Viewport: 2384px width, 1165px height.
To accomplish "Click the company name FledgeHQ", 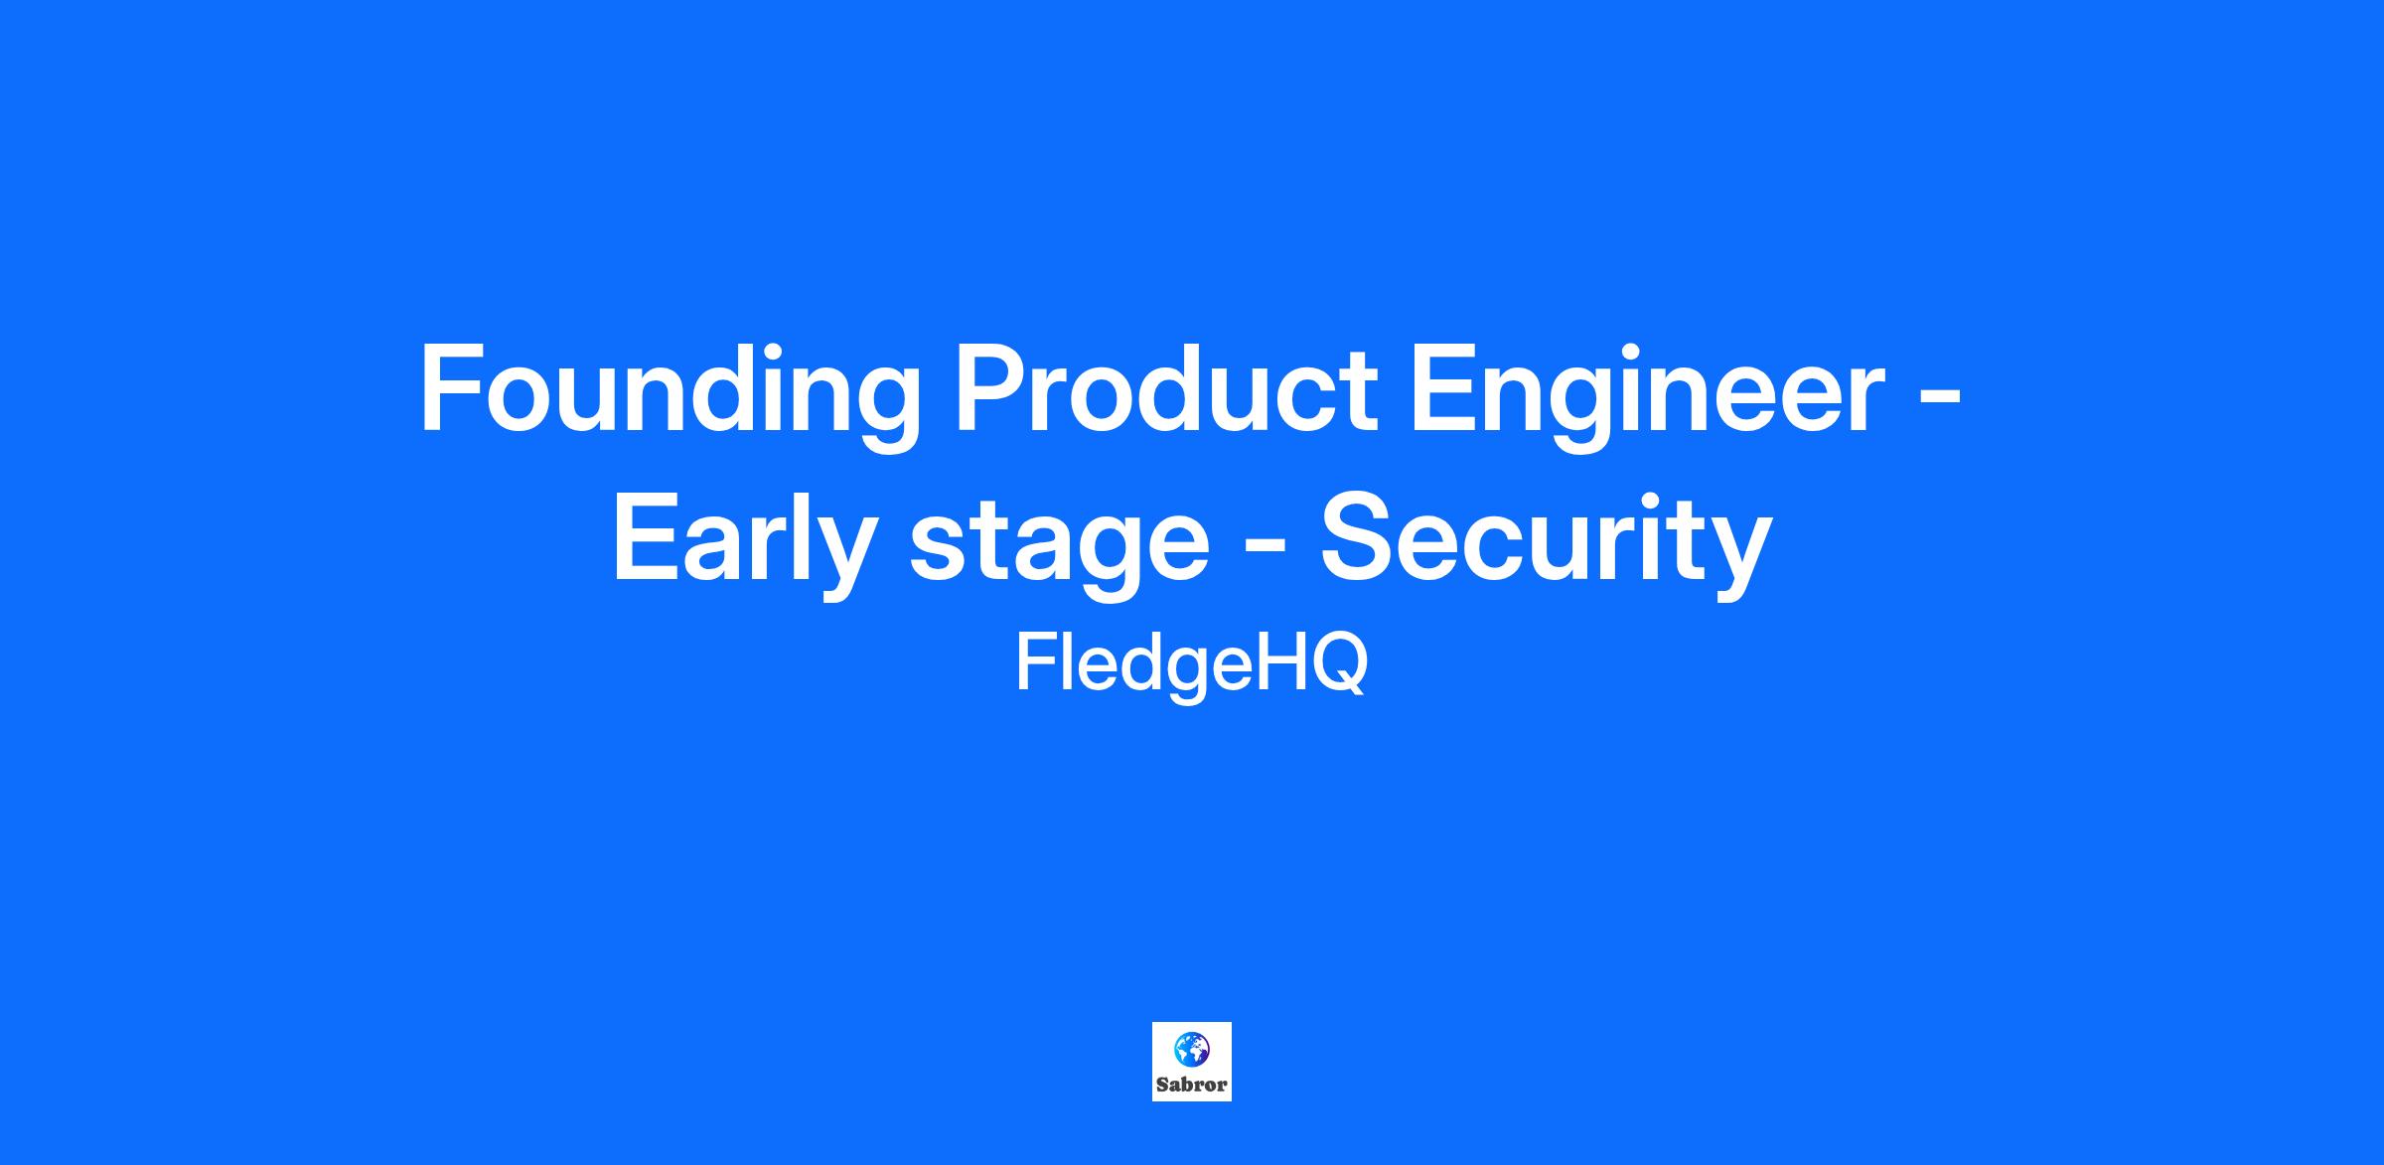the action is click(x=1191, y=666).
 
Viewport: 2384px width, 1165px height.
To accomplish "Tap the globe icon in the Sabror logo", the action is click(x=1192, y=1050).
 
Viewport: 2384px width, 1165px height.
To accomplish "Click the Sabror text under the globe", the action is click(x=1192, y=1086).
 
